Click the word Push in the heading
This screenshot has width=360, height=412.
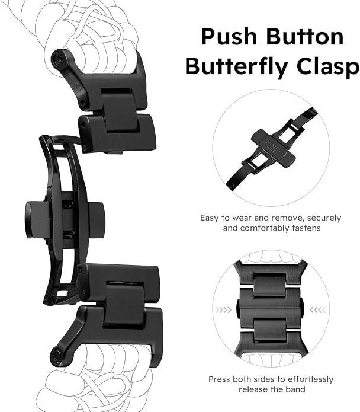click(229, 37)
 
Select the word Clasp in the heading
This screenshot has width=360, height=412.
click(328, 66)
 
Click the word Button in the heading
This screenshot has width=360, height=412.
click(304, 37)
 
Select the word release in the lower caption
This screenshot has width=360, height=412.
click(254, 389)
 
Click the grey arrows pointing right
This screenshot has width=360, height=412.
click(223, 310)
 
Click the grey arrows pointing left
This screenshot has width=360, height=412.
click(318, 310)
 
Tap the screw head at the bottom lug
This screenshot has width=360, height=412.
click(56, 357)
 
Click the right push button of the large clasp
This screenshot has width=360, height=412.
click(97, 220)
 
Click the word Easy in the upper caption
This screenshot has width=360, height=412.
click(210, 218)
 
